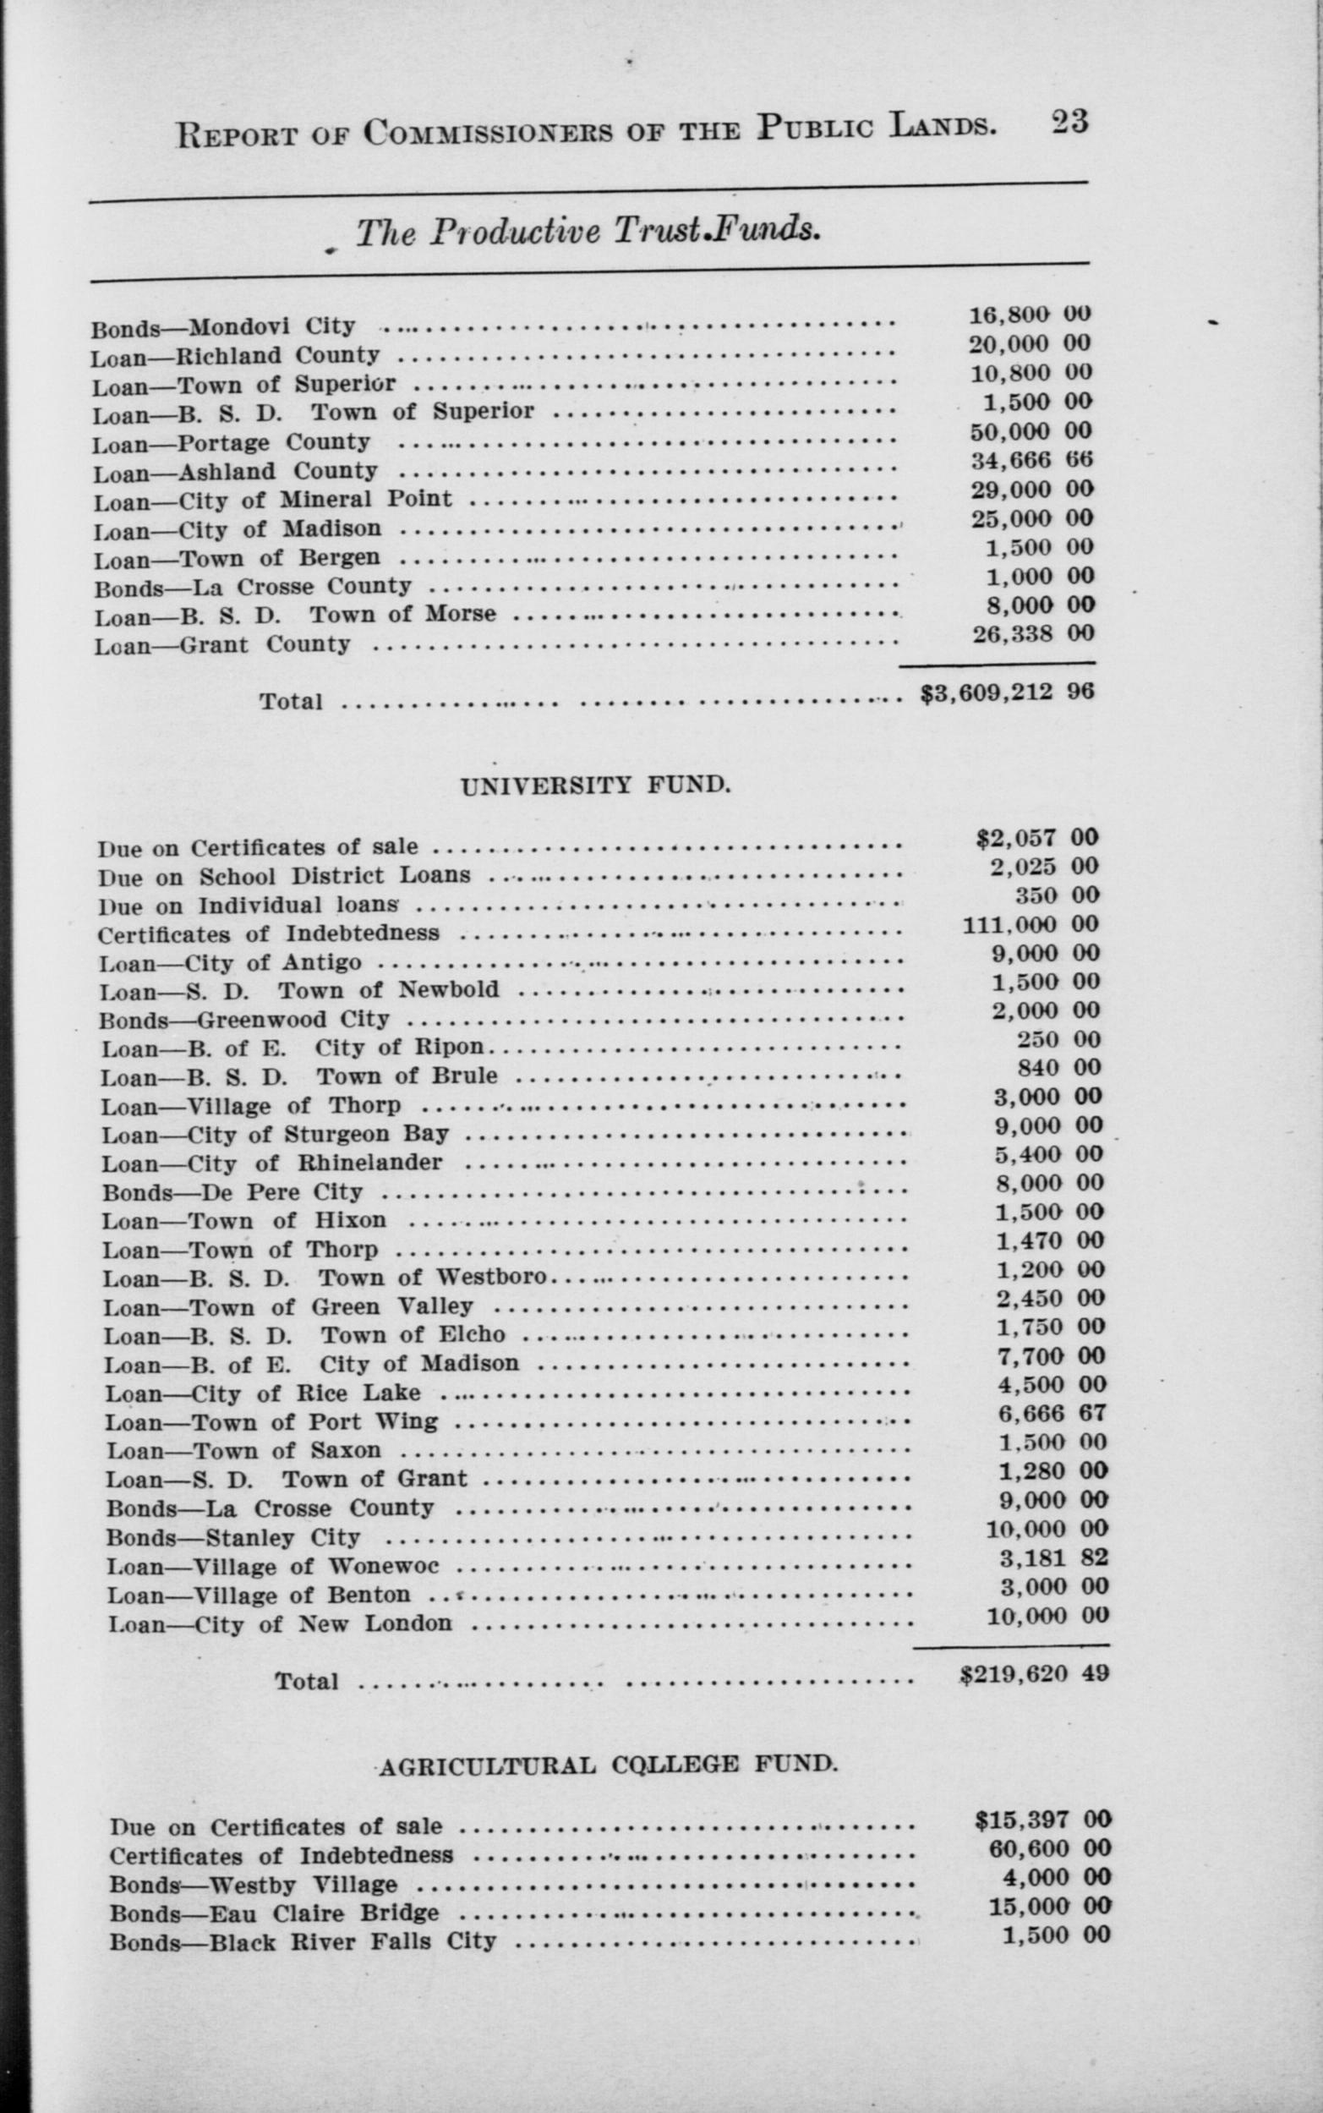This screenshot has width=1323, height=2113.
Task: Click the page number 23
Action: tap(1069, 122)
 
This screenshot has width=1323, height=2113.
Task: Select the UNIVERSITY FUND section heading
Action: tap(594, 786)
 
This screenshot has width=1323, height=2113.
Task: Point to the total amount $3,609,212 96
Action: tap(1007, 692)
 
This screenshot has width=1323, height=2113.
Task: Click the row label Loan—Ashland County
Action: tap(235, 472)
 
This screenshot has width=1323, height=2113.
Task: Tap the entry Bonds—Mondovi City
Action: tap(223, 327)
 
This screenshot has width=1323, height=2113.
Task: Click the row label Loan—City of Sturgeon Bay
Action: tap(276, 1135)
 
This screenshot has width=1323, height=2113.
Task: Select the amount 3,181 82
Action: tap(1054, 1557)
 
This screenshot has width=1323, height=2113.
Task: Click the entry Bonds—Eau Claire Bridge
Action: tap(274, 1913)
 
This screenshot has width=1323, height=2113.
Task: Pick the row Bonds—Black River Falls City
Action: tap(303, 1941)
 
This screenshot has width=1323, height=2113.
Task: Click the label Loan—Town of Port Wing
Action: tap(272, 1422)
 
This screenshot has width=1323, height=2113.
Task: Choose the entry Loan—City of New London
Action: tap(280, 1624)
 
